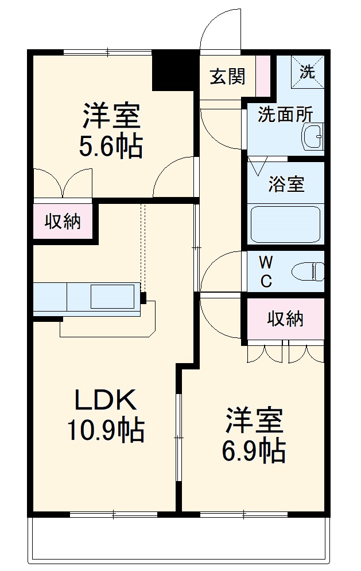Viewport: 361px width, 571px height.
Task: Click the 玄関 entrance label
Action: point(227,76)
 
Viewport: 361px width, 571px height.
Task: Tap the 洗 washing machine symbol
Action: point(309,72)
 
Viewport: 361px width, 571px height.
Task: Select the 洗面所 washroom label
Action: point(285,115)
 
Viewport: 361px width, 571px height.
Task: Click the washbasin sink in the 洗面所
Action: point(313,138)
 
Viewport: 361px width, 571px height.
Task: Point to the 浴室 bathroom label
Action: point(286,184)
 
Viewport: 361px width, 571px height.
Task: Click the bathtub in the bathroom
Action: point(285,224)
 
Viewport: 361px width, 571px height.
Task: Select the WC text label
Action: point(266,271)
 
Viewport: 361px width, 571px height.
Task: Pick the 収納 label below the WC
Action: point(285,319)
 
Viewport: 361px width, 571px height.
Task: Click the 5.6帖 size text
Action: point(111,147)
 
